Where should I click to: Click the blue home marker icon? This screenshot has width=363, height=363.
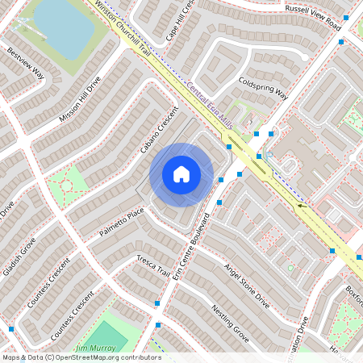tap(181, 173)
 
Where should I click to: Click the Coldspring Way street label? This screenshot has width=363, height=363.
tap(263, 87)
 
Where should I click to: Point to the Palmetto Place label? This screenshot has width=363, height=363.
tap(122, 217)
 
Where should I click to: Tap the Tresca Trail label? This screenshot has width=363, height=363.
tap(155, 265)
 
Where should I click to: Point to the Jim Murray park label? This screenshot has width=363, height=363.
tap(92, 348)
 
